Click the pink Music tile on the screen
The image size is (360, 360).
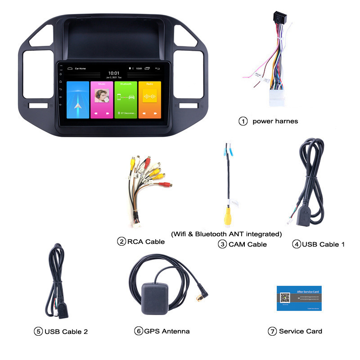click(102, 100)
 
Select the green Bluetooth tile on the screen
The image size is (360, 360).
click(126, 100)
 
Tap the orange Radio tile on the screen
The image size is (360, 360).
click(150, 100)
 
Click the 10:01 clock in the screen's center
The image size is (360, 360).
click(114, 73)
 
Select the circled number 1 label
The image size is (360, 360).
click(243, 121)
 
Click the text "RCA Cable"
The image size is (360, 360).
click(146, 242)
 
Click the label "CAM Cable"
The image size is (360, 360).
click(247, 244)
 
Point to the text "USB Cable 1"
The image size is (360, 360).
click(324, 244)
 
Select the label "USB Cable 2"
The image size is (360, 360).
click(65, 332)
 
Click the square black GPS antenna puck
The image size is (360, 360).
click(156, 297)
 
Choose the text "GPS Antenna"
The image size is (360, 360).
click(166, 331)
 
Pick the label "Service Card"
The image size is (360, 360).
click(301, 331)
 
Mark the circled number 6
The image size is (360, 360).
click(138, 331)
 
